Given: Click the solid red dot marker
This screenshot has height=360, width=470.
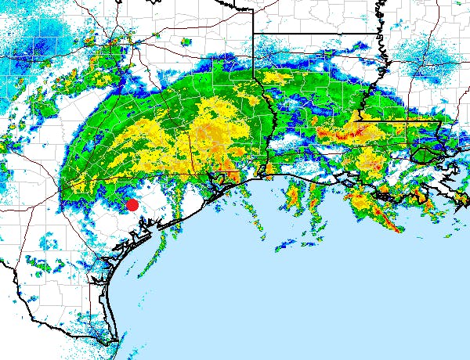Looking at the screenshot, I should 132,205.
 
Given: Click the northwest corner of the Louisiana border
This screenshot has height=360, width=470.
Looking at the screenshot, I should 253,32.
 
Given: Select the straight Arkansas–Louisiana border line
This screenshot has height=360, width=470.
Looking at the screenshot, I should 313,33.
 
